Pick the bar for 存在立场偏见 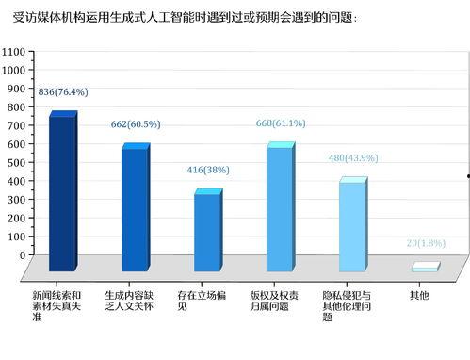click(206, 232)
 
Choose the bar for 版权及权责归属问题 click(279, 208)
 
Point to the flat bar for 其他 click(425, 268)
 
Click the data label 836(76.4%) click(63, 91)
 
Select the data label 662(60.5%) click(136, 123)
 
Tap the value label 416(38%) click(208, 170)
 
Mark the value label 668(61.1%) click(281, 123)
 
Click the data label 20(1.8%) click(426, 243)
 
